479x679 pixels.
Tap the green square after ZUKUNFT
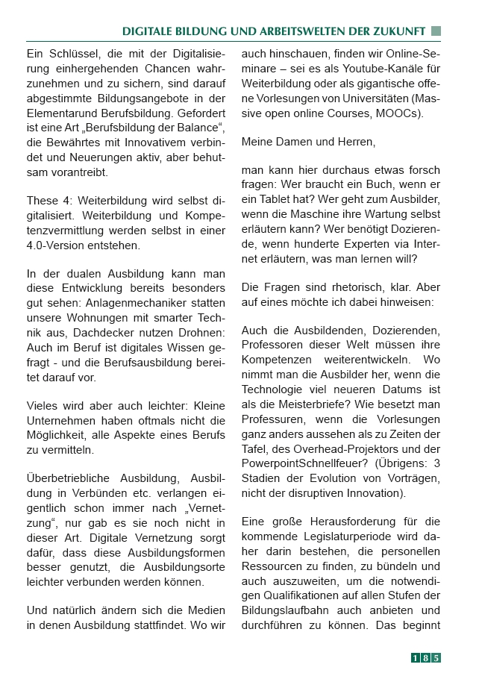click(436, 31)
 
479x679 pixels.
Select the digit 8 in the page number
click(426, 657)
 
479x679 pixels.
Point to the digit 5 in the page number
click(436, 657)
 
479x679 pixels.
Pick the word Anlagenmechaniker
click(130, 303)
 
